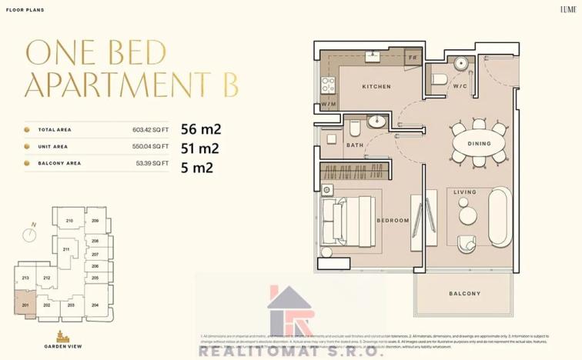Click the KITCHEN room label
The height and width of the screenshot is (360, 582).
point(376,87)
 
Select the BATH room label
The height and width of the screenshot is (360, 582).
point(354,145)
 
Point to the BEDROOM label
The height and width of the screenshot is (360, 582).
point(393,221)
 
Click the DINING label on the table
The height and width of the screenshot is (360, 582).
point(479,144)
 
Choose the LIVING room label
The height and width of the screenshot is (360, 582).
point(464,192)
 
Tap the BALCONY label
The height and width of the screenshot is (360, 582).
point(464,294)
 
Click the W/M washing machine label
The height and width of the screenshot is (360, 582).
point(328,103)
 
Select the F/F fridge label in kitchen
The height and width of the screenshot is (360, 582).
point(413,57)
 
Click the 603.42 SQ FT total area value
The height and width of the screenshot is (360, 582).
point(150,130)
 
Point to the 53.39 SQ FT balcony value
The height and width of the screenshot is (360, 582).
point(152,164)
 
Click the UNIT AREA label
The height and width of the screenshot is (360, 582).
point(53,147)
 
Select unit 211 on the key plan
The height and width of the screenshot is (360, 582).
point(67,249)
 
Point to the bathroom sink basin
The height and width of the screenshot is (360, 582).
point(378,121)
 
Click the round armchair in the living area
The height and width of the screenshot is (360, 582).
point(467,243)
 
